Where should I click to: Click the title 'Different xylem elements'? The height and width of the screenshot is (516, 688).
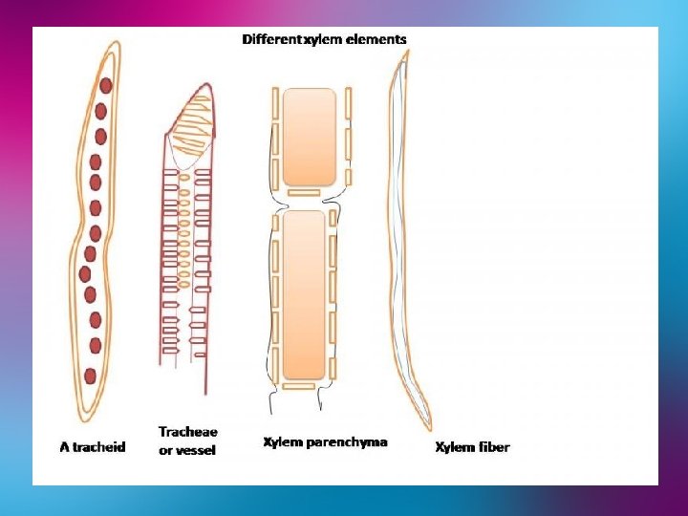pos(324,39)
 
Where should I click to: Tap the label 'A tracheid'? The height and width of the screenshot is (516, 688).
pos(93,447)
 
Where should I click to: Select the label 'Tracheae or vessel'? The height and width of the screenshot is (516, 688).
pos(188,441)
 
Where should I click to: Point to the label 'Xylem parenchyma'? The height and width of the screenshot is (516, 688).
pos(325,441)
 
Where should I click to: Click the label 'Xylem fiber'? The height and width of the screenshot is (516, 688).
pos(472,447)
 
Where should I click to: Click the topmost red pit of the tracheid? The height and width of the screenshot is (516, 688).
pos(105,86)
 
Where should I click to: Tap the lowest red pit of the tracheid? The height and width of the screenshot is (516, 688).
pos(90,376)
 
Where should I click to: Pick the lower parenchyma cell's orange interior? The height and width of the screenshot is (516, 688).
pos(305,294)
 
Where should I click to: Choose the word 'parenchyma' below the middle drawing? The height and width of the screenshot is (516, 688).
pos(347,441)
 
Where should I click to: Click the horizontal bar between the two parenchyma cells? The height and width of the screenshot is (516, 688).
pos(303,193)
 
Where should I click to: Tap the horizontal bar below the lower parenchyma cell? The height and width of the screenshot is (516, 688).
pos(297,386)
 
